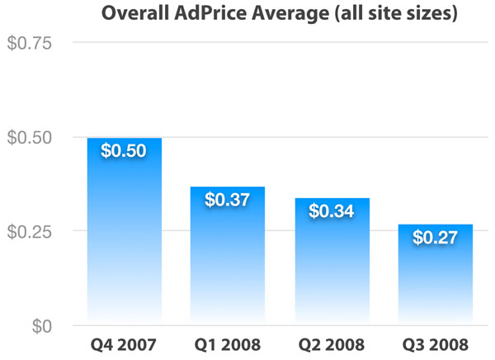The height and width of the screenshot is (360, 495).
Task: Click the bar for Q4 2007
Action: point(124,231)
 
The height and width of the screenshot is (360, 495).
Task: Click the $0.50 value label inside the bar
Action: point(124,152)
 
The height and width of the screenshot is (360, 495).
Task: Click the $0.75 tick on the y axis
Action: point(30,43)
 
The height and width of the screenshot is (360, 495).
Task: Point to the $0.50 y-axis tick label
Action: point(30,137)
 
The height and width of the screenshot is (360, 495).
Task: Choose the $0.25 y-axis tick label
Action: point(30,232)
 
